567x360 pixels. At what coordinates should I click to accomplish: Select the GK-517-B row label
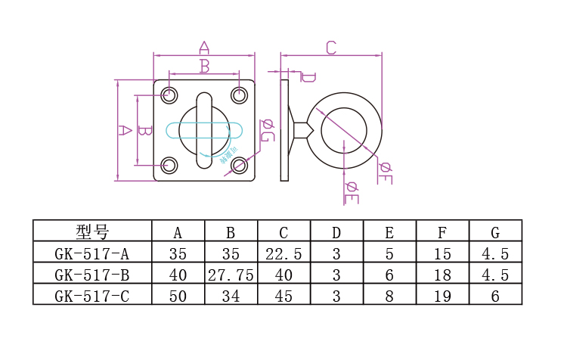point(92,275)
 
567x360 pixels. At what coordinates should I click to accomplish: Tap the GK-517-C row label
point(92,296)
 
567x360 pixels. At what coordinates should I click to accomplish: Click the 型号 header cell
point(92,231)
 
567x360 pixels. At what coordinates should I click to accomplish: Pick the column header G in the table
point(495,231)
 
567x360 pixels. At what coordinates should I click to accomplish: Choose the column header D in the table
point(336,231)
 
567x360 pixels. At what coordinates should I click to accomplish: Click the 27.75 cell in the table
point(231,275)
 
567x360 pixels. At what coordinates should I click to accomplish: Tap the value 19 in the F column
point(442,296)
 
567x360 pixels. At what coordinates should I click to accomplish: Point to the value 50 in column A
point(178,296)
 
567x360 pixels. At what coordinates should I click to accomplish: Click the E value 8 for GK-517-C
point(389,296)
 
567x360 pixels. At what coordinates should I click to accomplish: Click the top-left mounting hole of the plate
point(169,95)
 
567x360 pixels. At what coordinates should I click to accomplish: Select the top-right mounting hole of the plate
point(239,95)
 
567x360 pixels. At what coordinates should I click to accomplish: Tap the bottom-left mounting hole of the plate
point(169,165)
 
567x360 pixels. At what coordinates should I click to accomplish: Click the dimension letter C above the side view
point(330,48)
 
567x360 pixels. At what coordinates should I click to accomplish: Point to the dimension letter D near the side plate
point(308,76)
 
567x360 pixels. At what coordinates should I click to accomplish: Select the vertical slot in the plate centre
point(204,130)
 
